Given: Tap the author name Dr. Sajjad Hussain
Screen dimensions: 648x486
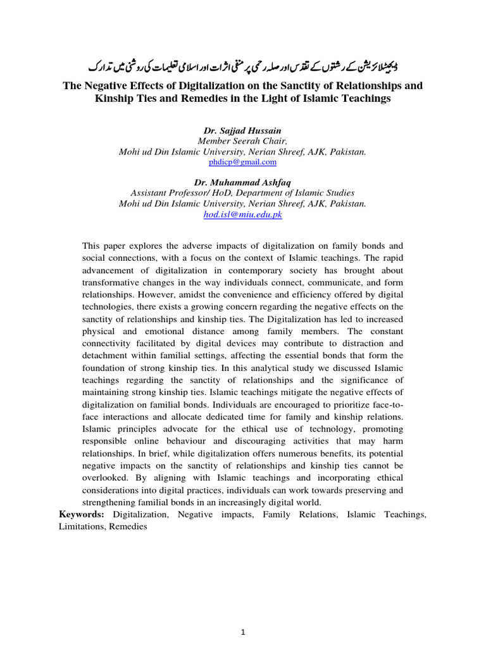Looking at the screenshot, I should [x=242, y=130].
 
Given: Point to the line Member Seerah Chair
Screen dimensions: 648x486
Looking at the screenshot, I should [x=242, y=141].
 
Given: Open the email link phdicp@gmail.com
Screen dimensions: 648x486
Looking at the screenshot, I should [x=242, y=162].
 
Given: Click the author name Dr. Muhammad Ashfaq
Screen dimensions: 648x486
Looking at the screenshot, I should [x=242, y=182].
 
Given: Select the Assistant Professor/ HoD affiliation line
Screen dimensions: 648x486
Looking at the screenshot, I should [x=242, y=193].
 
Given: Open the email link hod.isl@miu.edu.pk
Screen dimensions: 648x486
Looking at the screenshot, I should [x=242, y=215].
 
